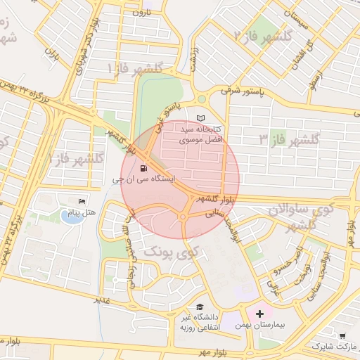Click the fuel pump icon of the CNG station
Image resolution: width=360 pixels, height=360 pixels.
[144, 168]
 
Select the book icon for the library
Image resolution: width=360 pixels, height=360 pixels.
[202, 118]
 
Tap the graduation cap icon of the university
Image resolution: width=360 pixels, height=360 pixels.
[200, 307]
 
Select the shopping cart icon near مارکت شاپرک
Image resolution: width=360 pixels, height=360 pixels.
[342, 336]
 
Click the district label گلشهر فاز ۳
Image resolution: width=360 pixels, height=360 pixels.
[289, 139]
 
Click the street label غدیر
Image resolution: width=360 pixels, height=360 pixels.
[103, 300]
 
